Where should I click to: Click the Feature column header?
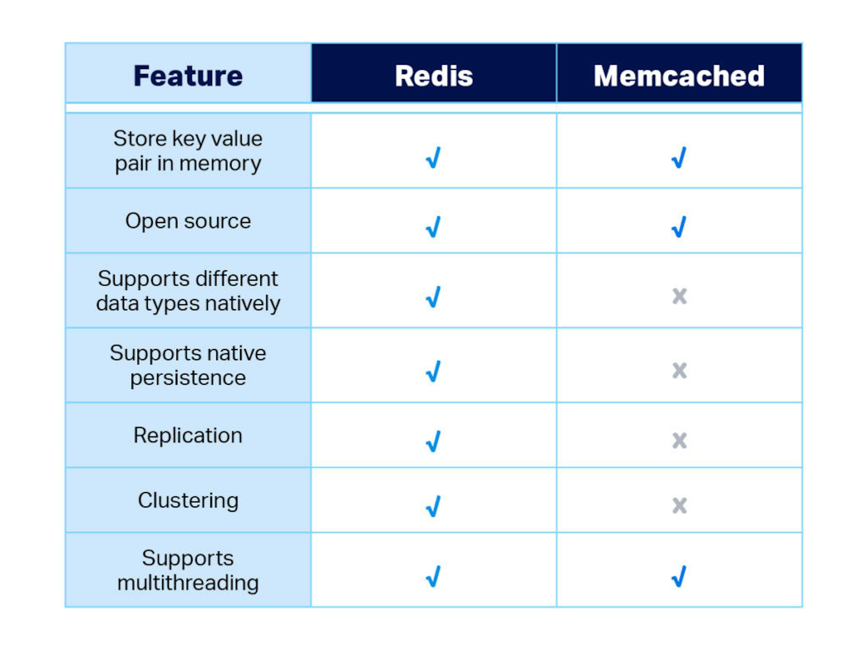(188, 76)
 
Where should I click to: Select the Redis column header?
(434, 76)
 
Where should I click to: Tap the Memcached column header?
(679, 76)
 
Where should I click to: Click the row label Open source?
(188, 221)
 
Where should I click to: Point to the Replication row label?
(188, 435)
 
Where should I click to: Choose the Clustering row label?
(188, 500)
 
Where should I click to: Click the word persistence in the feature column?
(188, 378)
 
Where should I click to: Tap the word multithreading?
(188, 583)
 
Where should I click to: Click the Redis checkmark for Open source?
(433, 227)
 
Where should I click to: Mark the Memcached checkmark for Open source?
(679, 227)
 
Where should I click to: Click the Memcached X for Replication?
(679, 441)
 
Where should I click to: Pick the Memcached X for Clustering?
(679, 505)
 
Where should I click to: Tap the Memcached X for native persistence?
(679, 371)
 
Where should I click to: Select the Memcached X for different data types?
(679, 296)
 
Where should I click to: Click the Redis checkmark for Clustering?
(433, 506)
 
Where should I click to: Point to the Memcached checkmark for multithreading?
(679, 576)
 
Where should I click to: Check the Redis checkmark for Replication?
(433, 441)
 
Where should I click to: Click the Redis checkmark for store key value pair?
(433, 157)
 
